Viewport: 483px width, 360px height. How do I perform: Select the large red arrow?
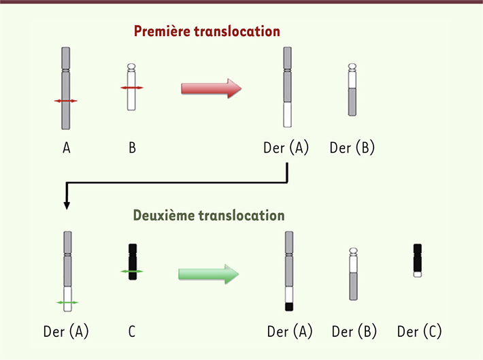click(212, 88)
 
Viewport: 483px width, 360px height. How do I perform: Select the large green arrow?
click(209, 274)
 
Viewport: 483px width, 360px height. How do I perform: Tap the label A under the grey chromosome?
click(66, 148)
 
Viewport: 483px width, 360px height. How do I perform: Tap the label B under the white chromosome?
click(132, 148)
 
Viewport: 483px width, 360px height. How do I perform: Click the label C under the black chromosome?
click(132, 331)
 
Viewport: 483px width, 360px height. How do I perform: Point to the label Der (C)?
click(419, 331)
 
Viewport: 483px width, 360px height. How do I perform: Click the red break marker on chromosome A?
click(65, 101)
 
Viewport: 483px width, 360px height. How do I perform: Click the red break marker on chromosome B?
click(131, 88)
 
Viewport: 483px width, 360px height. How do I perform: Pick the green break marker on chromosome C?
click(132, 272)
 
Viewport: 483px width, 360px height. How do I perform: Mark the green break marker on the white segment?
click(67, 303)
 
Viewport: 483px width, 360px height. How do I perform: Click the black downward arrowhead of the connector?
click(67, 206)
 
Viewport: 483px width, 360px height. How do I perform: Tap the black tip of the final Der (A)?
click(289, 307)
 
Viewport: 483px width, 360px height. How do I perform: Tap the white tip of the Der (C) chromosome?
click(418, 274)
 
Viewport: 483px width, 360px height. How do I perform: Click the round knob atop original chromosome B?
click(131, 66)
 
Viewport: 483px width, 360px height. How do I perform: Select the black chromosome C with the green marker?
click(133, 262)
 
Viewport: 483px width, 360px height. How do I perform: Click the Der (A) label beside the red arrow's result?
click(286, 148)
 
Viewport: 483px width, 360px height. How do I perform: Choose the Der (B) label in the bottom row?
click(354, 331)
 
